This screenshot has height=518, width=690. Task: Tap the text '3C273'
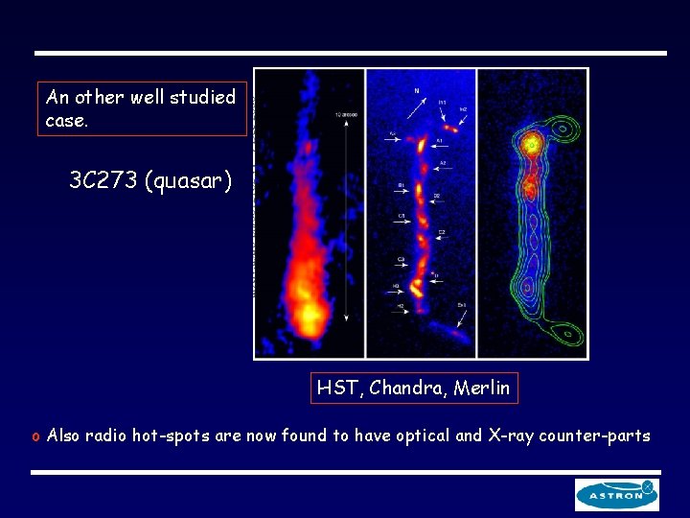[103, 180]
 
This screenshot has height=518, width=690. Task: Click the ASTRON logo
[617, 494]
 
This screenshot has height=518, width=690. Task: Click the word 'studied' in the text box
[202, 97]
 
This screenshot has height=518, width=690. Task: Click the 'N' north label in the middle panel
[416, 91]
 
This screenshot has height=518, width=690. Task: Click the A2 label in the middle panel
[442, 164]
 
